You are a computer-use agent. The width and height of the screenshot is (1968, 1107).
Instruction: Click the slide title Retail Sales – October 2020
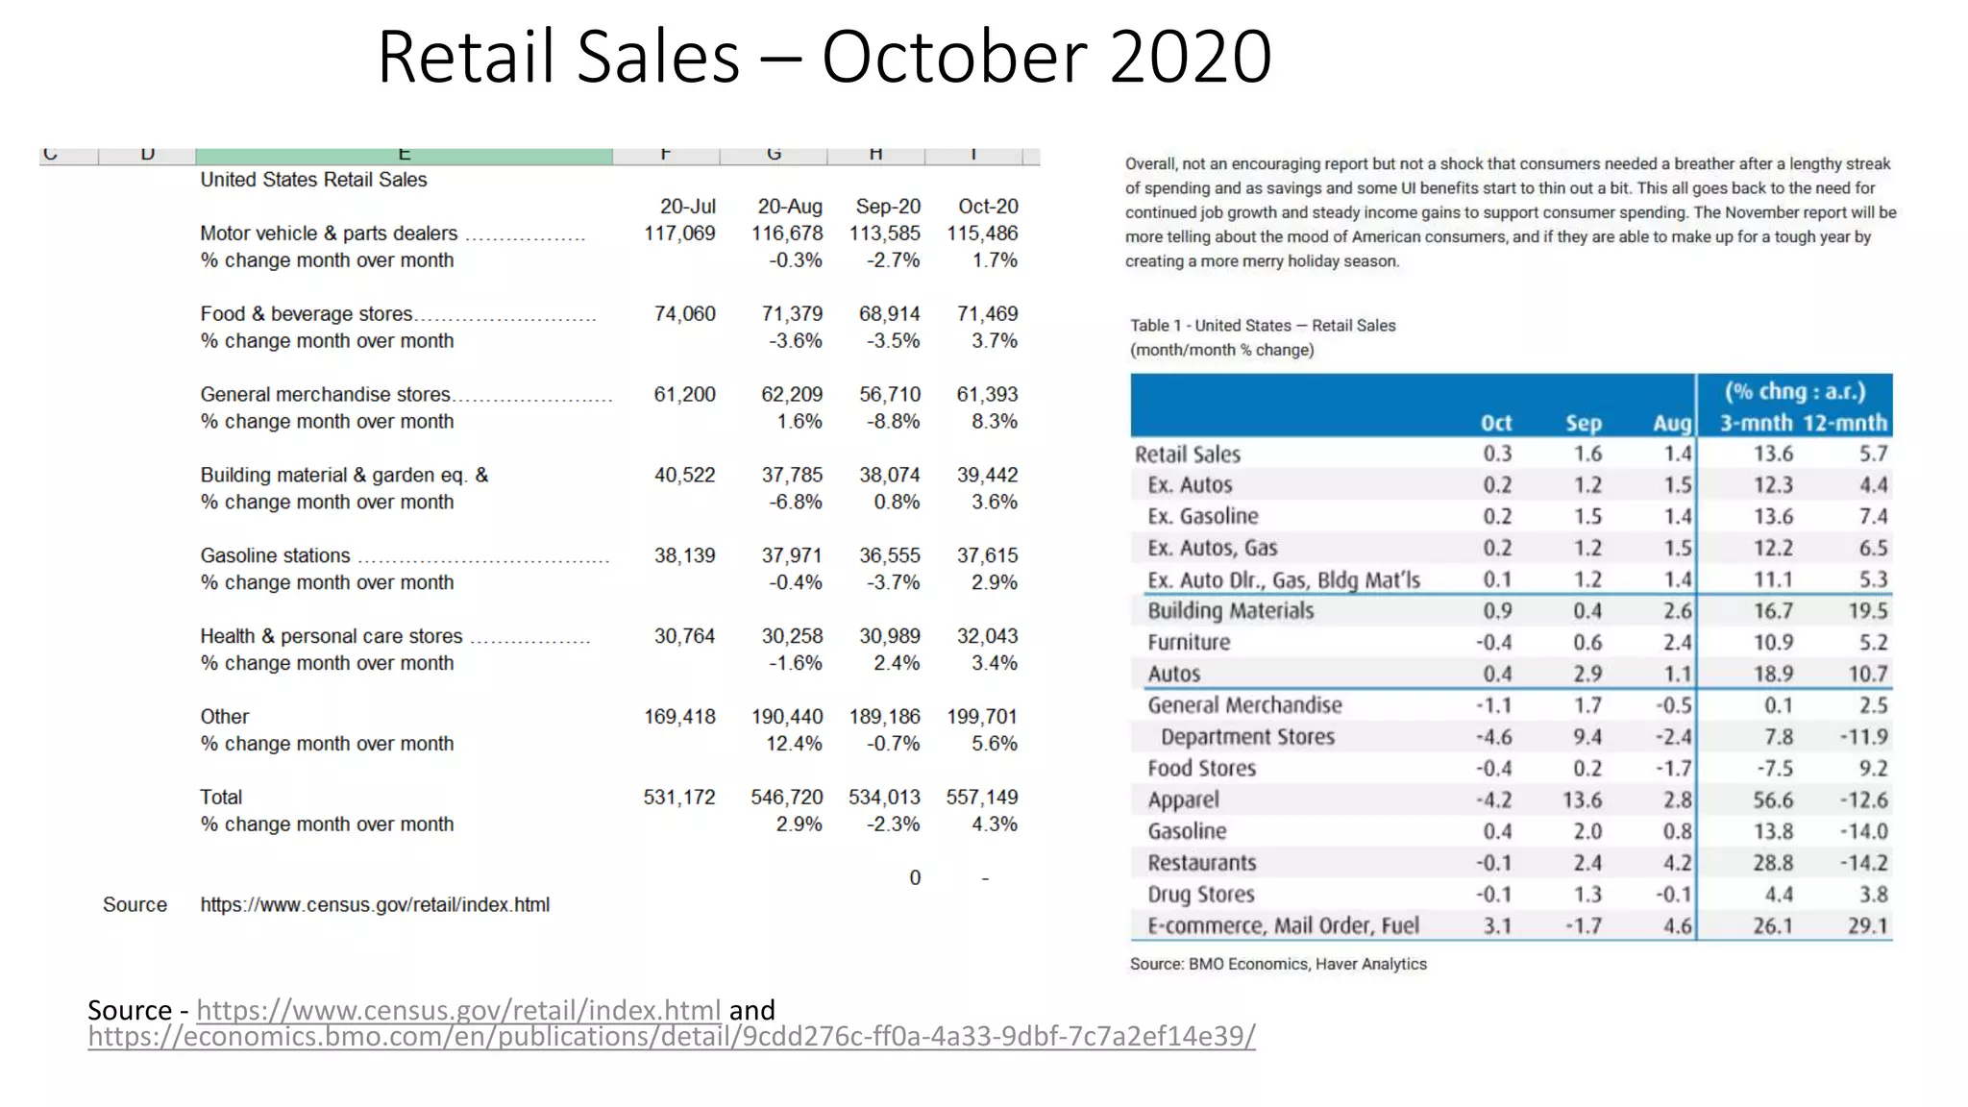point(824,58)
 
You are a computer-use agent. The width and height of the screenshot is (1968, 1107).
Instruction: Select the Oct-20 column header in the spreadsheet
point(988,207)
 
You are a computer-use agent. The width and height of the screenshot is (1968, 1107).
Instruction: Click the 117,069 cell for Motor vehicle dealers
point(679,234)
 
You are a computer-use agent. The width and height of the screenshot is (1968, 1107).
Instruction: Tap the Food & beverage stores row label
point(307,314)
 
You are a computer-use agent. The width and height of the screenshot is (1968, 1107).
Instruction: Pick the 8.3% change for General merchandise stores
point(994,422)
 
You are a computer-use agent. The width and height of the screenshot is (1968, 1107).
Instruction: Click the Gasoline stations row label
point(275,555)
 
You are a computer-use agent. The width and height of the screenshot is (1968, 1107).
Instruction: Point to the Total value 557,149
point(981,798)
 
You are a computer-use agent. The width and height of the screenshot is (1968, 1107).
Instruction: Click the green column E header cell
point(404,156)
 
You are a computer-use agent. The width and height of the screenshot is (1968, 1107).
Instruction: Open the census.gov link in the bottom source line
point(458,1010)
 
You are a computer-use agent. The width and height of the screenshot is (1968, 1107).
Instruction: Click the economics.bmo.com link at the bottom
point(671,1037)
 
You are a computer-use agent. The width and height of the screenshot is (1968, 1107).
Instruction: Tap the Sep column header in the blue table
point(1583,424)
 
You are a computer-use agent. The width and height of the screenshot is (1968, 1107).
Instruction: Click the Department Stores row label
point(1247,737)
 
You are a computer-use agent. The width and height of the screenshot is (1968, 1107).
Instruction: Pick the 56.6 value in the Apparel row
point(1772,800)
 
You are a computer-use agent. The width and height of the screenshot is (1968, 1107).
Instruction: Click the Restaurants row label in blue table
point(1201,863)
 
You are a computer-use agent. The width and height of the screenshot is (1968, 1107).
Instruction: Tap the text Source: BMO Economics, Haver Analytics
point(1278,964)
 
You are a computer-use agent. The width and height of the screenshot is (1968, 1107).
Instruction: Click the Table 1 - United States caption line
point(1263,326)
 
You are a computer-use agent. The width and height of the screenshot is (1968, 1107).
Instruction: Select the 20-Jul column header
point(687,207)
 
